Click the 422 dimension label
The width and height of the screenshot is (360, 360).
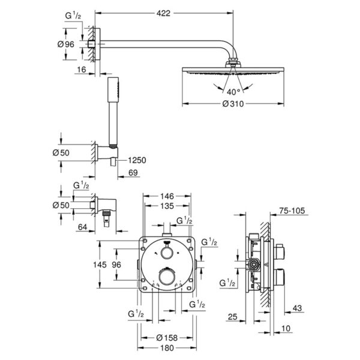click(x=163, y=13)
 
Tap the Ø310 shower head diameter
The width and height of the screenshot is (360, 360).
click(x=233, y=104)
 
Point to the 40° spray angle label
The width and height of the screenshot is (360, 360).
click(x=233, y=92)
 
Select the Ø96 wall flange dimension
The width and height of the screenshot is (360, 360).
click(x=66, y=44)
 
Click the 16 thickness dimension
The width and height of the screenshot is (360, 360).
click(x=82, y=70)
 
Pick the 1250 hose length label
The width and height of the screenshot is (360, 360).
click(x=137, y=160)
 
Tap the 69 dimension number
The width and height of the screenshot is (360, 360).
click(x=133, y=172)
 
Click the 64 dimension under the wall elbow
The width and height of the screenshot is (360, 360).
click(x=83, y=227)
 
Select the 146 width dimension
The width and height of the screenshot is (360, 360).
click(x=167, y=196)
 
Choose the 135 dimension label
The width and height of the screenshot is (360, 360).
click(x=167, y=206)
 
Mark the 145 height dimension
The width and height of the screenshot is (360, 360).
click(x=100, y=265)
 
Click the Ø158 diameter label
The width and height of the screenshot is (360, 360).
click(x=167, y=337)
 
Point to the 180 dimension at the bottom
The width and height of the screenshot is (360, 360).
click(x=167, y=348)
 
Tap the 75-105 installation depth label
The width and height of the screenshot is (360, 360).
click(x=292, y=211)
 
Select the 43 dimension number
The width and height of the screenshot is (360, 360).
click(x=297, y=308)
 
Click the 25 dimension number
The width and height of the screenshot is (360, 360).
click(x=233, y=317)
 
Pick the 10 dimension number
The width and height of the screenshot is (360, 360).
click(x=286, y=328)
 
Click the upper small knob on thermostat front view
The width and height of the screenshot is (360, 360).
click(x=167, y=253)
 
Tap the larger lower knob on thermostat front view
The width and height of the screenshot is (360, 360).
click(x=167, y=277)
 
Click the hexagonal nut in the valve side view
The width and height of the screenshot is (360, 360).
click(x=254, y=265)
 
